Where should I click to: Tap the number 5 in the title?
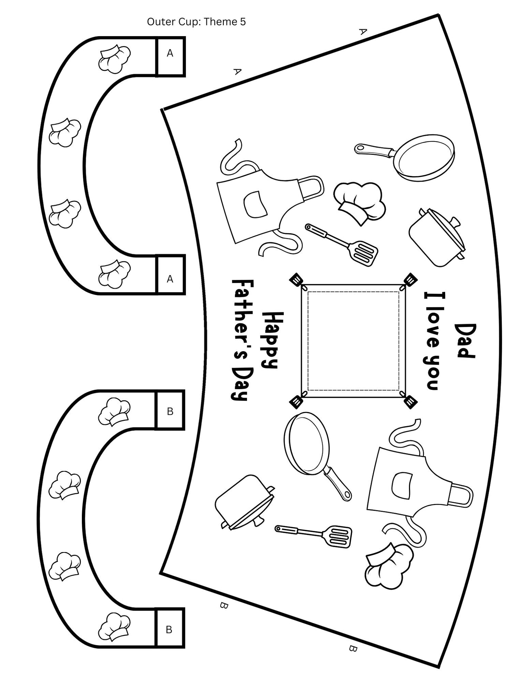(x=243, y=22)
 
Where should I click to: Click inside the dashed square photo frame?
(x=353, y=341)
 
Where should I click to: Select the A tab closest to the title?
(x=170, y=53)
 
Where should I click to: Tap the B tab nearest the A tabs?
(x=170, y=411)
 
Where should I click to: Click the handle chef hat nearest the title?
(x=114, y=59)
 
